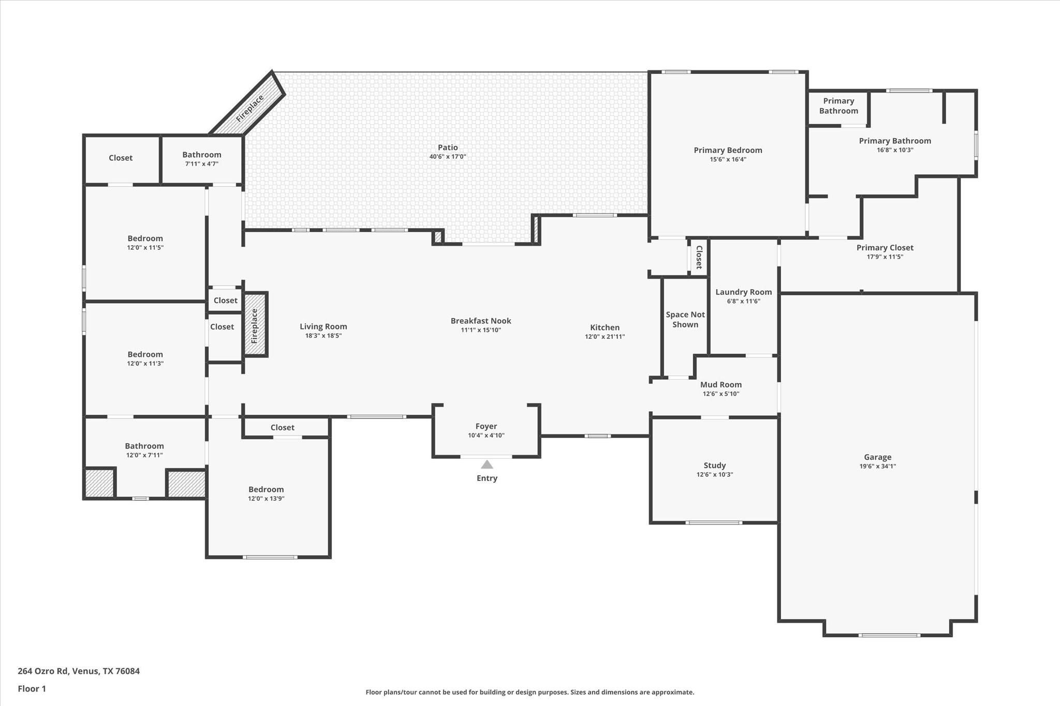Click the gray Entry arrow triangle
coord(487,464)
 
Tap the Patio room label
coord(448,147)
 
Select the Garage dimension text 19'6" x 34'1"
coord(878,466)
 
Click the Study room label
coord(715,465)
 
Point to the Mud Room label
coord(721,384)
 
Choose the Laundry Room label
coord(744,292)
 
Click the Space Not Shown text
coord(685,320)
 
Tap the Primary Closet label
coord(885,248)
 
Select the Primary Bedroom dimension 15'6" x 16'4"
coord(728,159)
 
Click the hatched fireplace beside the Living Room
coord(256,324)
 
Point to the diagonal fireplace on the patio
coord(247,103)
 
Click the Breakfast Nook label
coord(481,321)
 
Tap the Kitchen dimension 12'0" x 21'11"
coord(605,337)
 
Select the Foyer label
coord(486,426)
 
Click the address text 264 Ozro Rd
coord(42,671)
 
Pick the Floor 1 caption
coord(32,688)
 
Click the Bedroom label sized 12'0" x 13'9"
coord(266,489)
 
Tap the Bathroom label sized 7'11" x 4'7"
coord(202,155)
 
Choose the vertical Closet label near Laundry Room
coord(699,257)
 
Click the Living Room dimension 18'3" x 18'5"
coord(323,336)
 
